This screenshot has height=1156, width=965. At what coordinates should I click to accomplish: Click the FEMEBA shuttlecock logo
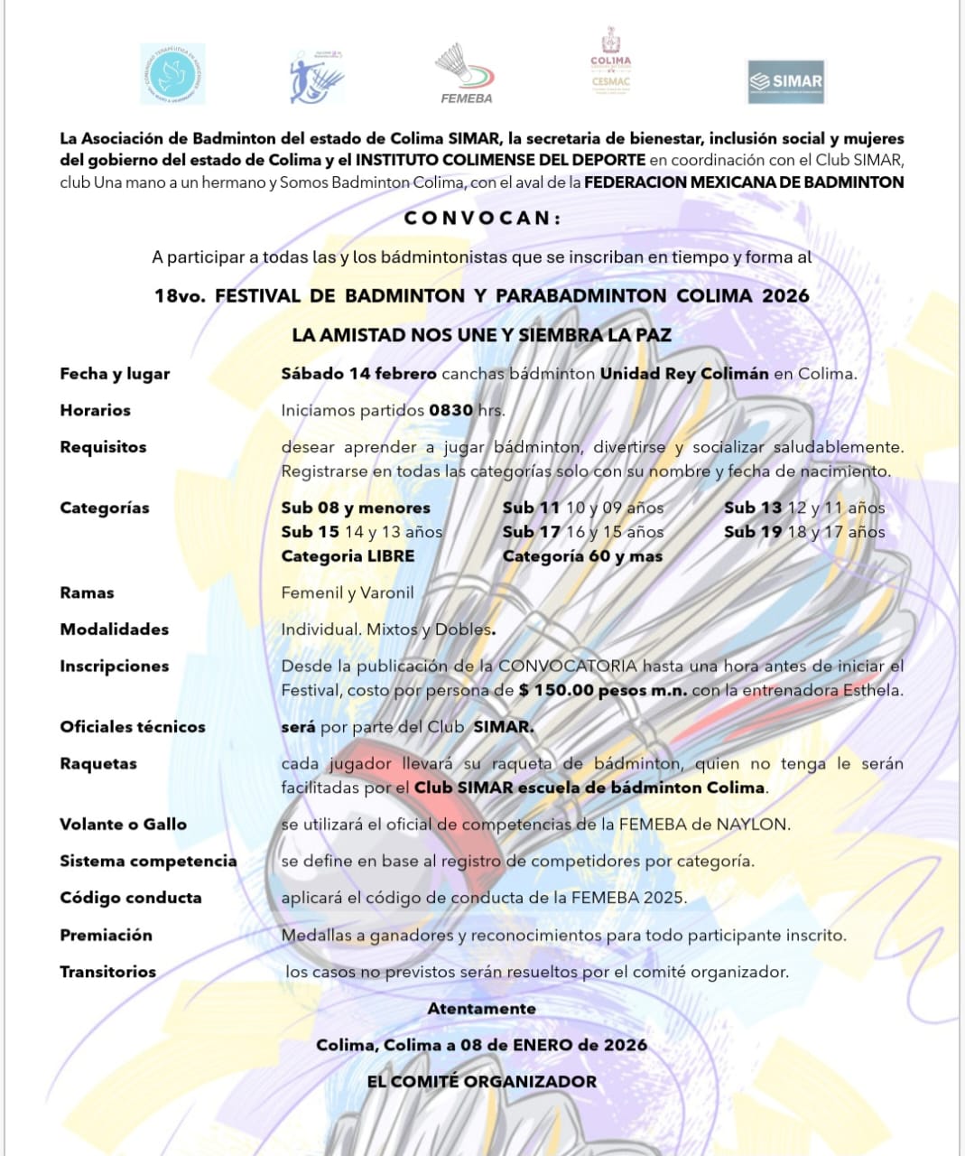pyautogui.click(x=466, y=72)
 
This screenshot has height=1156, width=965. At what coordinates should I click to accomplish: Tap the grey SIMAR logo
pyautogui.click(x=786, y=81)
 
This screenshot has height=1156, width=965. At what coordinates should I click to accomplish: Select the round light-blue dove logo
pyautogui.click(x=172, y=74)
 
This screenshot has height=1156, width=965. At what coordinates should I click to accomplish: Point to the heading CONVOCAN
pyautogui.click(x=482, y=218)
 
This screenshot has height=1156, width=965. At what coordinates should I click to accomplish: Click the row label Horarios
pyautogui.click(x=95, y=410)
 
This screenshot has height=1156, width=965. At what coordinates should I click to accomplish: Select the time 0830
pyautogui.click(x=450, y=410)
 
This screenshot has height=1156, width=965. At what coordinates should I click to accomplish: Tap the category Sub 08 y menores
pyautogui.click(x=356, y=508)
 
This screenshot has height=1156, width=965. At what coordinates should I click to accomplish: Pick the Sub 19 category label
pyautogui.click(x=752, y=532)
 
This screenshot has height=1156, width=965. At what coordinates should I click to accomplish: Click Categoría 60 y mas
pyautogui.click(x=582, y=556)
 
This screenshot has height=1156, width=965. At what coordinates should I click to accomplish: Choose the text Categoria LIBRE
pyautogui.click(x=348, y=556)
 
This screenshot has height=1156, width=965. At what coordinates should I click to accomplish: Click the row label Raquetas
pyautogui.click(x=98, y=763)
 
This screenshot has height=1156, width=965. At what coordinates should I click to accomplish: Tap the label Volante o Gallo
pyautogui.click(x=123, y=824)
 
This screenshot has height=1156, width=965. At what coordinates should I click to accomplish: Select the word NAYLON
pyautogui.click(x=753, y=824)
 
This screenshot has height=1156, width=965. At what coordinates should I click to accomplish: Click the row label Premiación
pyautogui.click(x=106, y=935)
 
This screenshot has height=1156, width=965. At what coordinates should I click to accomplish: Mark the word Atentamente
pyautogui.click(x=481, y=1008)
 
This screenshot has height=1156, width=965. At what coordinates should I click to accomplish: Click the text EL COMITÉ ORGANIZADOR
pyautogui.click(x=481, y=1081)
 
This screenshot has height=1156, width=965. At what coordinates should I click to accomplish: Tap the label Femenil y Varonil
pyautogui.click(x=348, y=592)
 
